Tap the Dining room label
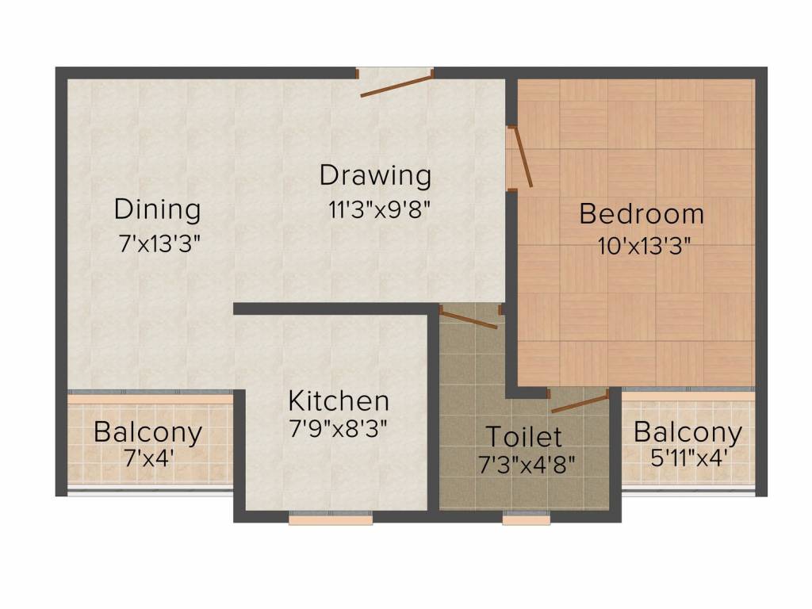[158, 210]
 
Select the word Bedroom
[642, 214]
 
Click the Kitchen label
[339, 400]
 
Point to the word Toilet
[523, 437]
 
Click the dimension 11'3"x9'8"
[379, 209]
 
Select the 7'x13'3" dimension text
[159, 243]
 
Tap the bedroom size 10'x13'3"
[644, 246]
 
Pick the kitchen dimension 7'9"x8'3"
[338, 428]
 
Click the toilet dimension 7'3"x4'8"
[527, 465]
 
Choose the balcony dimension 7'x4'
[148, 458]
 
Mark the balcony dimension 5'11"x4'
[690, 458]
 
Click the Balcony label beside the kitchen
[148, 433]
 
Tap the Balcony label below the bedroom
[688, 432]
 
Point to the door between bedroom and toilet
[580, 403]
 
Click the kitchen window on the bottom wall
[331, 518]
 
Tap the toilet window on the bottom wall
[527, 518]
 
